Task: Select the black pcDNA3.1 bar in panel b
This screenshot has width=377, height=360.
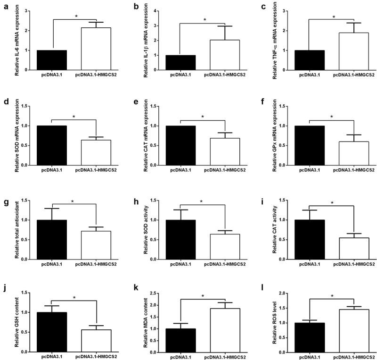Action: point(180,62)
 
